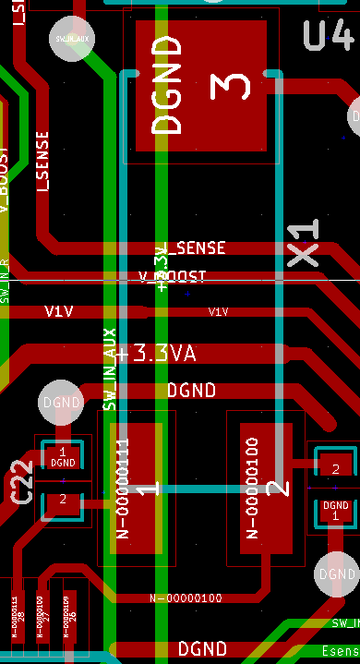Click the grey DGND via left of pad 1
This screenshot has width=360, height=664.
tap(62, 403)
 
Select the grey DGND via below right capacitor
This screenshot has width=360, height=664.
tap(333, 573)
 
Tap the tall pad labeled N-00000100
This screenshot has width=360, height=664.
tap(265, 488)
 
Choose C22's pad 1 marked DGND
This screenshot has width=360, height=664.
tap(63, 456)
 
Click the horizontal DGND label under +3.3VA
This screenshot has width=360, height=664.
tap(191, 391)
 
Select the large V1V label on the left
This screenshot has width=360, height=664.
tap(58, 312)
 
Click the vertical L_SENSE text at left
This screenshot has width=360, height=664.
tap(42, 161)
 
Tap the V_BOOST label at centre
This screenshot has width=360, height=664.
tap(173, 276)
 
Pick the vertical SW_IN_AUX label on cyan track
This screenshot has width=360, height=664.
tap(109, 369)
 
